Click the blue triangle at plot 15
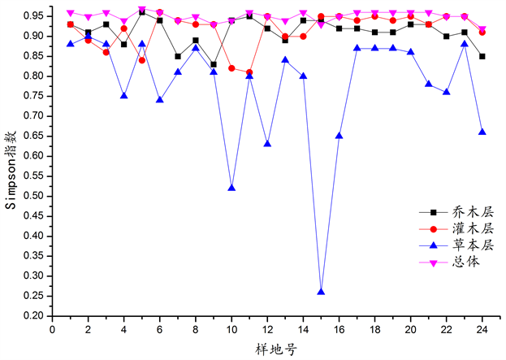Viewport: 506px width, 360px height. tap(322, 291)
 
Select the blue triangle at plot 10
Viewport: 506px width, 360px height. tap(232, 188)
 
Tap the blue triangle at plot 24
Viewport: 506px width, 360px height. tap(482, 132)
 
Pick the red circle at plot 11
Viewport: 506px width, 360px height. tap(250, 72)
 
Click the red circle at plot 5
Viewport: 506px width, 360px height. tap(142, 60)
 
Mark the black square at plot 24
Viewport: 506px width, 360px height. tap(482, 56)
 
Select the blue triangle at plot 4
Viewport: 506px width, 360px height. tap(124, 96)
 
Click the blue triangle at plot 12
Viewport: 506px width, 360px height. tap(268, 144)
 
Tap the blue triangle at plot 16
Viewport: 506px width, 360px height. tap(339, 136)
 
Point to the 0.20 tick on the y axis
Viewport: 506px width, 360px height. tap(35, 315)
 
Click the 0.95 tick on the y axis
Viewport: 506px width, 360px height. tap(35, 16)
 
